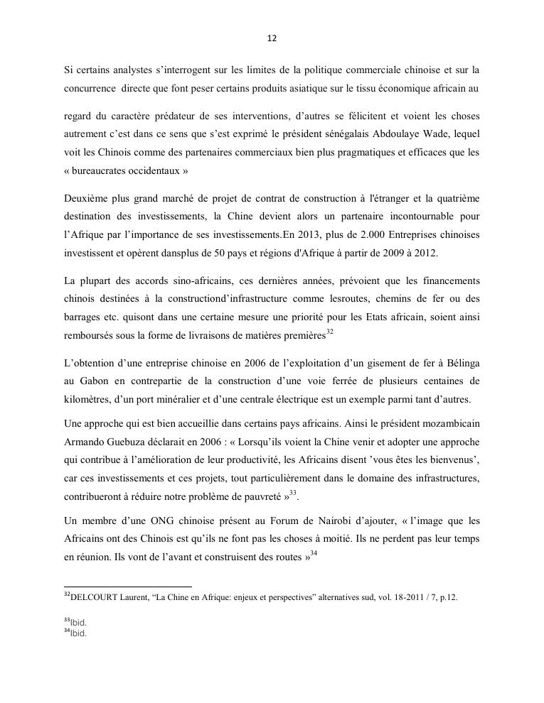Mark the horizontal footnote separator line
(x=128, y=587)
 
